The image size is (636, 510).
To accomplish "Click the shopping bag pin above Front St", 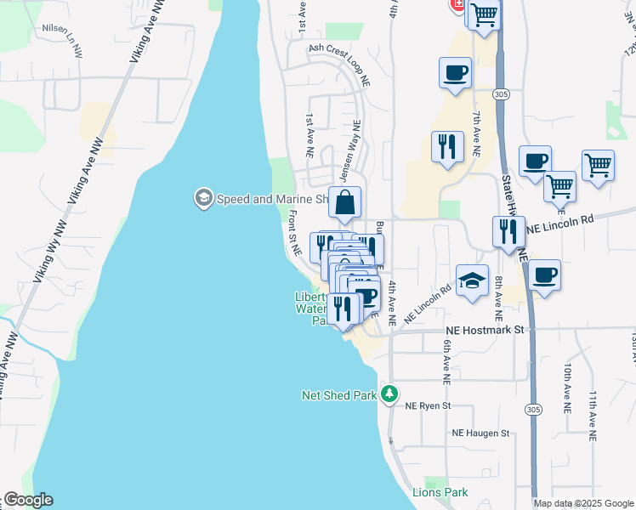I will pos(344,204).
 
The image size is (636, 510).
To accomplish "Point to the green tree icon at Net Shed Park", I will pos(389,394).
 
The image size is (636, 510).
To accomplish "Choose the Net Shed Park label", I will pos(338,395).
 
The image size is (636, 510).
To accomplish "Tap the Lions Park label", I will pos(440,492).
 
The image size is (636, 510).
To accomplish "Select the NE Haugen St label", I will pos(480,433).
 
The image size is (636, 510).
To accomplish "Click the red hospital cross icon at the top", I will pos(457,5).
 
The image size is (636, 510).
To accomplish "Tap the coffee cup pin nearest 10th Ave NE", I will pos(544,275).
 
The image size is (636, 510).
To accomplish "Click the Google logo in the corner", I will pos(28,500).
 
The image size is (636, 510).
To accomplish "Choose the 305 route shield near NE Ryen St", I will pos(533,410).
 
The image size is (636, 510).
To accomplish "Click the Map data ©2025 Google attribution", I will pos(582,503).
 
